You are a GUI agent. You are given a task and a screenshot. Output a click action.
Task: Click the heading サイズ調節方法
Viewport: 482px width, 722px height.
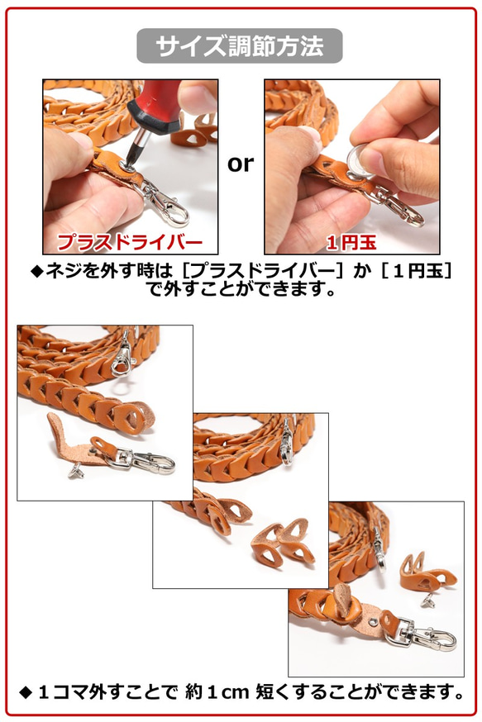(x=240, y=46)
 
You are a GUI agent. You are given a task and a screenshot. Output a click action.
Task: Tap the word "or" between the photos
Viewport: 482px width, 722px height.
(x=241, y=164)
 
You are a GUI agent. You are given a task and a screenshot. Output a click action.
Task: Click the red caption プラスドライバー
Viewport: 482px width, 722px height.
(x=130, y=242)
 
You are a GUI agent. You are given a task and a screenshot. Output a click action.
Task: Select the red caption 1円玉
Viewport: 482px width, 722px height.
(x=351, y=242)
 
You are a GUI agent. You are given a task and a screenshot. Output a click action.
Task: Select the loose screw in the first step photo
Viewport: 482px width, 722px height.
(x=75, y=471)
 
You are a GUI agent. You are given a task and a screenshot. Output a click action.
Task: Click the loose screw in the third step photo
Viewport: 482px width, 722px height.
(x=428, y=600)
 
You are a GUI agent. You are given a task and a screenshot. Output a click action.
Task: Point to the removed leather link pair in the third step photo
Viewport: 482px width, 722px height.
(x=428, y=572)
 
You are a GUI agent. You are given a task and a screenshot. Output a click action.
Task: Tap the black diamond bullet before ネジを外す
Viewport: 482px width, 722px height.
(x=37, y=271)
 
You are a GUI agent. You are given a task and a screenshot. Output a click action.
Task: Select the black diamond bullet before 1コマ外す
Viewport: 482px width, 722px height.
(x=26, y=692)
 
